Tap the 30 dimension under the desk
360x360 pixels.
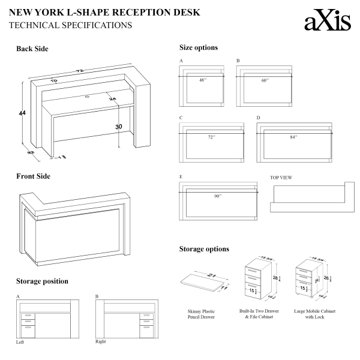119,126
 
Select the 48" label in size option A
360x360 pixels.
202,79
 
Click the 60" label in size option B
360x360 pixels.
264,79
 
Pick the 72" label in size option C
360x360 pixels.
211,137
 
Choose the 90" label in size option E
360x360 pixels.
217,196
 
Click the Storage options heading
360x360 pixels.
204,249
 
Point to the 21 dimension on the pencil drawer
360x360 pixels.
211,275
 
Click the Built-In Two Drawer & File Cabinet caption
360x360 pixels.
258,314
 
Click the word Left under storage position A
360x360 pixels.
20,342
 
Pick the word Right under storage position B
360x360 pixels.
101,341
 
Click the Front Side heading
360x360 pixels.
33,176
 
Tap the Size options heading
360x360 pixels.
198,47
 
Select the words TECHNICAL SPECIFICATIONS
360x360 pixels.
71,26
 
